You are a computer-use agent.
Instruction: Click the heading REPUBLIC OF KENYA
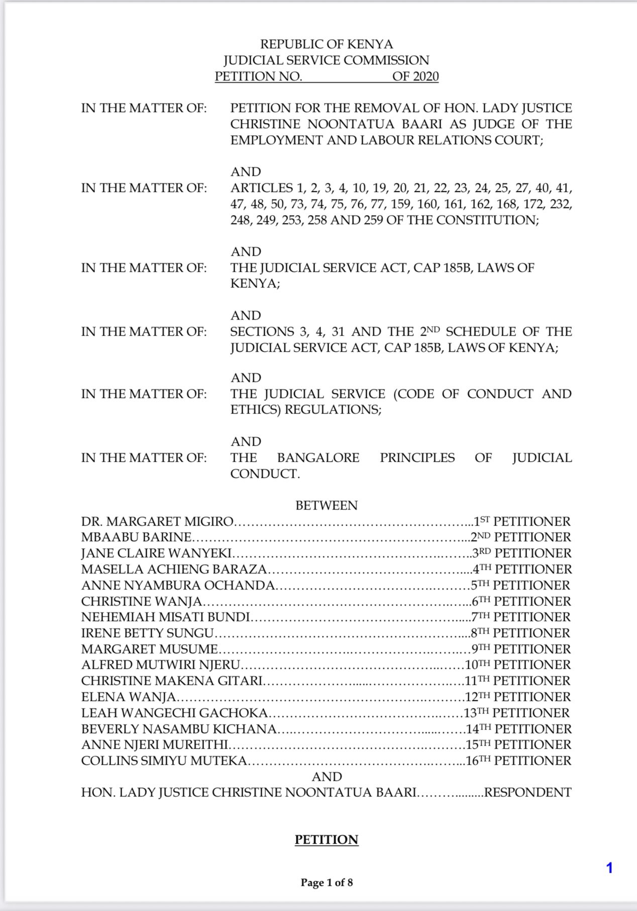tap(327, 44)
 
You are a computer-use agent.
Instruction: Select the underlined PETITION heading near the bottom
tap(327, 840)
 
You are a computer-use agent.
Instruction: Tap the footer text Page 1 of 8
tap(327, 882)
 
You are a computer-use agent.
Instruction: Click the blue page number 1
tap(609, 868)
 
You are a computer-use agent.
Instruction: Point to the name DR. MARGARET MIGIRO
tap(158, 522)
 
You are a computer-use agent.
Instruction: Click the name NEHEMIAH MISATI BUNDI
tap(166, 617)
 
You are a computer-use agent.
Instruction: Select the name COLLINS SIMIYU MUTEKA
tap(164, 761)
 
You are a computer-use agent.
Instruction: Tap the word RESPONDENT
tap(527, 793)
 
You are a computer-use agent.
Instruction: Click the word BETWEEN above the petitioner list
tap(327, 505)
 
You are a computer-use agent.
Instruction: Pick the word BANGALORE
tap(318, 458)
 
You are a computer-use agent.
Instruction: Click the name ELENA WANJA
tap(129, 697)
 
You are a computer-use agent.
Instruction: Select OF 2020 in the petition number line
tap(415, 76)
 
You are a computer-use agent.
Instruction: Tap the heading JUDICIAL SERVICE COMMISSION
tap(327, 60)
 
